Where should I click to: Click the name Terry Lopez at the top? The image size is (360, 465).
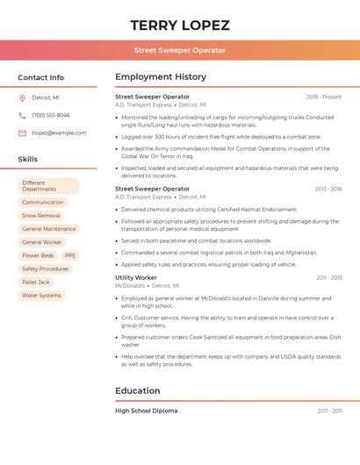(180, 25)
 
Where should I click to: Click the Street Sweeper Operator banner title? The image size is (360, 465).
(180, 50)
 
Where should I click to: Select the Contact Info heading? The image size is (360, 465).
(41, 77)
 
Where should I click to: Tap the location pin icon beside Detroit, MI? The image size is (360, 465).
(22, 97)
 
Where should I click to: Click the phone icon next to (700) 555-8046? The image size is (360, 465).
(22, 115)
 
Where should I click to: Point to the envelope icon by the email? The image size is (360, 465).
(22, 133)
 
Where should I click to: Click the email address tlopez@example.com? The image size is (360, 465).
(59, 133)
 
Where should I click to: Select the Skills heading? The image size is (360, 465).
(28, 159)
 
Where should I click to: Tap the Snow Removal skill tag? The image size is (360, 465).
(41, 215)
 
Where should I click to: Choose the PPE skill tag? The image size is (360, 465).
(70, 255)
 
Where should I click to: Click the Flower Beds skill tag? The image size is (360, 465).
(38, 255)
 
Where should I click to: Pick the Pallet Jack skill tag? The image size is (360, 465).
(36, 283)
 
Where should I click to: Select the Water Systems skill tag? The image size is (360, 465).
(41, 296)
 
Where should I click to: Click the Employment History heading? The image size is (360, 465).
(161, 77)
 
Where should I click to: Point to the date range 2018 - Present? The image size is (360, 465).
(324, 97)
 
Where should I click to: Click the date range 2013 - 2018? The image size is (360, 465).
(328, 189)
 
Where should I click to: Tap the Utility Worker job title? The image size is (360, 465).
(136, 277)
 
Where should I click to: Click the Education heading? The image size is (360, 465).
(138, 390)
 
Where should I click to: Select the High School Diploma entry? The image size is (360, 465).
(146, 411)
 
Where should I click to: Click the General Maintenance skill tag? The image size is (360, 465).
(49, 229)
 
